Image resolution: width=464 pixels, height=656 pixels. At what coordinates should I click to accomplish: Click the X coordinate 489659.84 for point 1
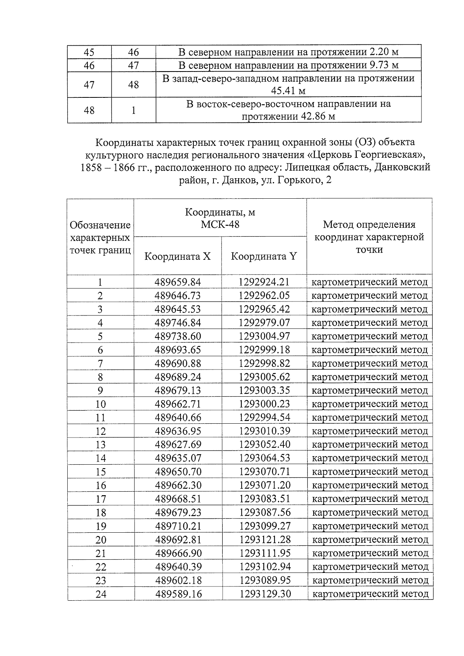click(x=178, y=282)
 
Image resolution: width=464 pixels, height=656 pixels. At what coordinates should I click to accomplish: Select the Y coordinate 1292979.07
click(x=264, y=323)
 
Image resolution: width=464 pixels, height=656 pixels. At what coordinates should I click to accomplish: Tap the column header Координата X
click(x=177, y=256)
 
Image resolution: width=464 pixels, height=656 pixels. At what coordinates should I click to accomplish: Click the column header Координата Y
click(x=264, y=256)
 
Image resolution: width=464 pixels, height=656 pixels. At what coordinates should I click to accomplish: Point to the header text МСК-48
click(x=220, y=224)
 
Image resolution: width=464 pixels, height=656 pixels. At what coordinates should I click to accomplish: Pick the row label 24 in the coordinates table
click(x=101, y=594)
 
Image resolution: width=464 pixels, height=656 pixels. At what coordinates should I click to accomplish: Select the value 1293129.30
click(x=265, y=594)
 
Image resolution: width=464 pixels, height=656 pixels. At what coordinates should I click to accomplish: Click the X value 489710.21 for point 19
click(x=178, y=526)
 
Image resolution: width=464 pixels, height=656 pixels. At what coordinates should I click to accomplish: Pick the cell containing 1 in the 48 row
click(x=133, y=110)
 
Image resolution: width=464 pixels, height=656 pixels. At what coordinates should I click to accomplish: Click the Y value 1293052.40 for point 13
click(x=264, y=445)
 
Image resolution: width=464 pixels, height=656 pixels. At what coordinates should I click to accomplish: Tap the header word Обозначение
click(x=100, y=225)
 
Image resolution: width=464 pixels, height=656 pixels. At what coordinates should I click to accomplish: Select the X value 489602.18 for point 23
click(x=178, y=581)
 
